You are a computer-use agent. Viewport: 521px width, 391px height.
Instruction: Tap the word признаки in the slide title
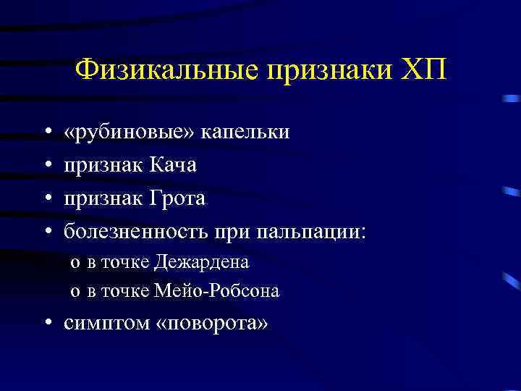(x=326, y=71)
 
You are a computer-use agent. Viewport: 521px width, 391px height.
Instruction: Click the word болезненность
(x=135, y=232)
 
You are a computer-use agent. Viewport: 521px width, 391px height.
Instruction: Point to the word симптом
(x=106, y=323)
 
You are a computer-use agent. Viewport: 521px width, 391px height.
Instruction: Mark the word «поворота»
(x=211, y=323)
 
